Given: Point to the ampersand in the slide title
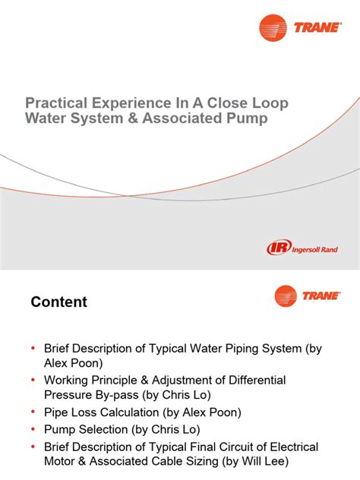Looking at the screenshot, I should pos(143,119).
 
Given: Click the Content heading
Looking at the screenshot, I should pos(58,302).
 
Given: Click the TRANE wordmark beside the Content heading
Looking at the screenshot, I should pos(322,296).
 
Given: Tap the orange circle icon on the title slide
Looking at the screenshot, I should pos(273,28).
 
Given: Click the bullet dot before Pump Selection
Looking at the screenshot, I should pos(33,429).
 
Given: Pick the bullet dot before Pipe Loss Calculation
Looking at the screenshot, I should pos(33,412).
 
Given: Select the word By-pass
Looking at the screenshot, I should pos(121,395).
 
